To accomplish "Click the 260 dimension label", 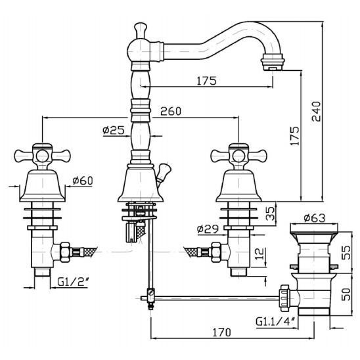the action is pos(171,111).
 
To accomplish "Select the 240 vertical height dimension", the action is pos(316,112).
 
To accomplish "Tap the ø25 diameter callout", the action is pos(114,130).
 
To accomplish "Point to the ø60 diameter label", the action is pos(83,181).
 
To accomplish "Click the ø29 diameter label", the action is pos(208,229).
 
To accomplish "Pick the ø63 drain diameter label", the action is pos(315,218).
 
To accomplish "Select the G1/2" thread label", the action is pos(73,282).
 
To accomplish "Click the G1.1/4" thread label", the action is pos(276,321).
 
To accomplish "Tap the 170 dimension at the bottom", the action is pos(221,332).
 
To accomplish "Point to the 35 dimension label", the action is pos(271,214).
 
